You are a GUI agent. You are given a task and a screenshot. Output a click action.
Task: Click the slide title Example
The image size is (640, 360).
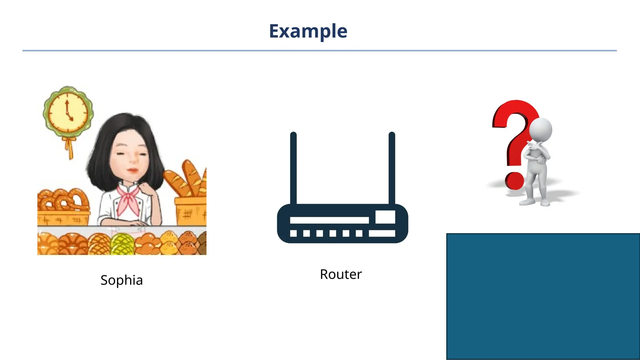tap(308, 31)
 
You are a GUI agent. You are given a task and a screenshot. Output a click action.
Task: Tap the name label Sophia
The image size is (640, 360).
tap(122, 280)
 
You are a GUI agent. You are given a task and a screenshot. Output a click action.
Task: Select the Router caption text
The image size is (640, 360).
tap(341, 274)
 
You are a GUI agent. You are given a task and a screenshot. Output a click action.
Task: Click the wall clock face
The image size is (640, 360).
tap(68, 112)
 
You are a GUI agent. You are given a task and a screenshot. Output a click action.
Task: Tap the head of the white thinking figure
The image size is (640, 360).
tap(541, 130)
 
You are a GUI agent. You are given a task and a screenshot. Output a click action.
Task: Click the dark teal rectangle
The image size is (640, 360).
tap(543, 296)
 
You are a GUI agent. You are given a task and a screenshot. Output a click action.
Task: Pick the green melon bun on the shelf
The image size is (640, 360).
tap(122, 244)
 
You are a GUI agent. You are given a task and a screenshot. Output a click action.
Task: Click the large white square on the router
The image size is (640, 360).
tap(385, 217)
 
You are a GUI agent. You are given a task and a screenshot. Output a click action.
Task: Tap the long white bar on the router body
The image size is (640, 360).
tap(329, 220)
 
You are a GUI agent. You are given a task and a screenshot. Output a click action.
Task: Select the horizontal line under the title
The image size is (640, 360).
tap(319, 51)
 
